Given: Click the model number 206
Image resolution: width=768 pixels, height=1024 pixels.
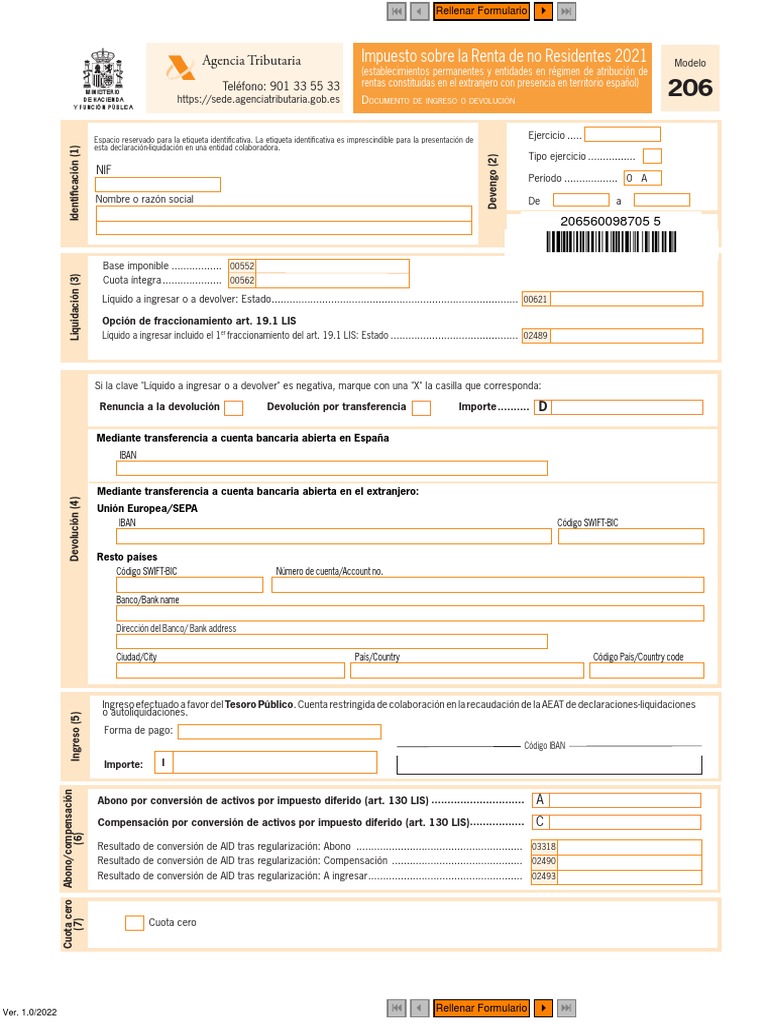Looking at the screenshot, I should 690,88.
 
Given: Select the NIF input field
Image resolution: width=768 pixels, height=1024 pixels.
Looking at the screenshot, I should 158,184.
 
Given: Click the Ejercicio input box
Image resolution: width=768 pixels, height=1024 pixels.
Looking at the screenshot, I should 622,135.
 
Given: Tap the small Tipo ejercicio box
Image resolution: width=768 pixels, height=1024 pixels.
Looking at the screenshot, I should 652,156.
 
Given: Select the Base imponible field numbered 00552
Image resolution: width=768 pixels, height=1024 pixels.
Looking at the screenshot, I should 318,266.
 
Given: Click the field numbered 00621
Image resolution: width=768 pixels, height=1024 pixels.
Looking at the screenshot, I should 612,299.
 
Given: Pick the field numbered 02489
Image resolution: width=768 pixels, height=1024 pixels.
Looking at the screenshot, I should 612,336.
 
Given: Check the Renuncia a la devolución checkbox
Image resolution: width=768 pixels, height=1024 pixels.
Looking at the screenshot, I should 233,407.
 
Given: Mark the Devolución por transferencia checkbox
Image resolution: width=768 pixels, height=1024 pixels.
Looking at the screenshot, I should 421,407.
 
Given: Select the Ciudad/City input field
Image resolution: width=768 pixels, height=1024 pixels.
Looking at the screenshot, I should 230,670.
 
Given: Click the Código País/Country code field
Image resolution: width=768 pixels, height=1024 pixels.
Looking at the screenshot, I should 647,670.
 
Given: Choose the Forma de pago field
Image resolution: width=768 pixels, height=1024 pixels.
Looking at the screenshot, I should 279,731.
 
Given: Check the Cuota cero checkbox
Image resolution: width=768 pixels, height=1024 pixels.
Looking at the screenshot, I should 134,923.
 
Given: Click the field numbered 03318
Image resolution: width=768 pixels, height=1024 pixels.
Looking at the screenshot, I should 615,847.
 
